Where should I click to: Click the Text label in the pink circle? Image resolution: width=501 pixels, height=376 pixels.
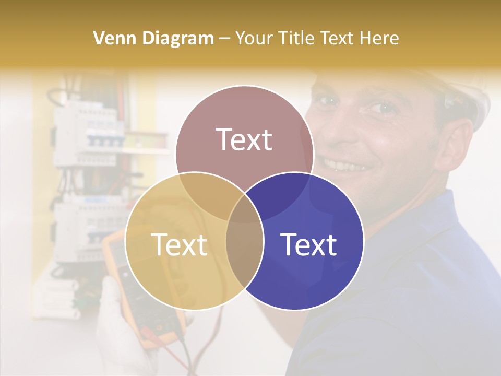(x=244, y=139)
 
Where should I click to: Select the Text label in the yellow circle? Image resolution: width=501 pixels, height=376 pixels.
(x=179, y=244)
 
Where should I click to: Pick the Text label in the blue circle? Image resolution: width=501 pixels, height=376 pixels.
(x=308, y=244)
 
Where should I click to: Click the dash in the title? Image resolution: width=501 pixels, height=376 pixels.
(x=225, y=38)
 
